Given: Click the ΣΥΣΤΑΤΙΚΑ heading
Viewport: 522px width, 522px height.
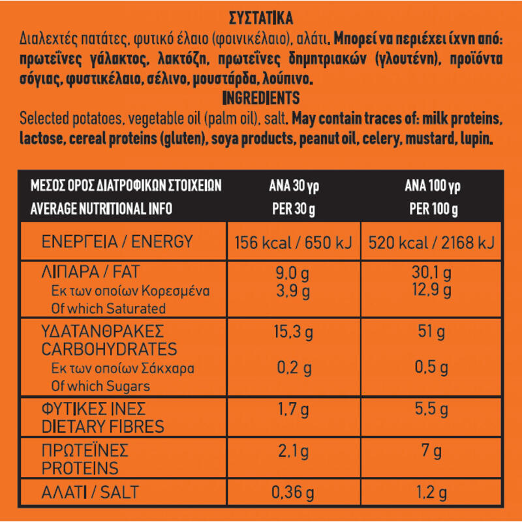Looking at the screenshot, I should point(261,17).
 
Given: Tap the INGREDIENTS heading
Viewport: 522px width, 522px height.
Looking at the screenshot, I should point(261,99).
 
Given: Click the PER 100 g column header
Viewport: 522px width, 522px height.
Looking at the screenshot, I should point(433,209).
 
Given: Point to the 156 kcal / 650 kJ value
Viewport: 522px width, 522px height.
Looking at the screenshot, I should point(293,243).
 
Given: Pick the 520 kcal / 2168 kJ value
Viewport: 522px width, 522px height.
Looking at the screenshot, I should point(431,243).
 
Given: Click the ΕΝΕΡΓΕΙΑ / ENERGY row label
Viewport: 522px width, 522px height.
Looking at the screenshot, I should point(117,242).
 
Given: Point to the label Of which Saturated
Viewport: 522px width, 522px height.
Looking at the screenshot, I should point(108,308).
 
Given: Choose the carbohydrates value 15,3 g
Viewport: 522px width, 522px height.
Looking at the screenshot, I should point(293,333).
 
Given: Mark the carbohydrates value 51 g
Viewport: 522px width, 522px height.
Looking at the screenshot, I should point(431,333).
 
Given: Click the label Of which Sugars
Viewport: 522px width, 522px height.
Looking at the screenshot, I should point(100,386).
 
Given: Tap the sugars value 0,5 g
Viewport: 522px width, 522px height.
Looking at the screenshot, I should point(431,368).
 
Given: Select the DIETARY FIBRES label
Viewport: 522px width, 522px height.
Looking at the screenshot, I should point(103,427).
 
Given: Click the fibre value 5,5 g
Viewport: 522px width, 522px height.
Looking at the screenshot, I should point(431,410).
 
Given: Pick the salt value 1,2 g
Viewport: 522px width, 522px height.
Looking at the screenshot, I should point(431,493).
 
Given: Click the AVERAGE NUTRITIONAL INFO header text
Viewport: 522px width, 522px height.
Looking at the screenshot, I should point(101,209).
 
